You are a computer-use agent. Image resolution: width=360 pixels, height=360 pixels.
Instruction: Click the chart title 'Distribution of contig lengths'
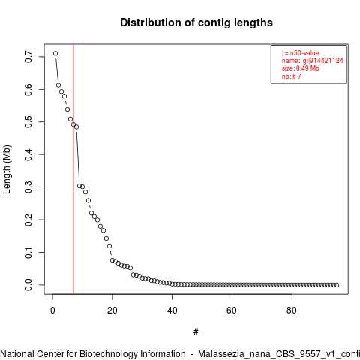click(196, 22)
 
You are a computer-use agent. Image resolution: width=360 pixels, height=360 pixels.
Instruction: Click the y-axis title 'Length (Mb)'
click(7, 169)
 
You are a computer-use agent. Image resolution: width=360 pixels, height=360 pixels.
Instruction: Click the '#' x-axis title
click(196, 332)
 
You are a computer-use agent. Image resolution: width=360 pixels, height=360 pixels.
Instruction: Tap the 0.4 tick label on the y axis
click(28, 154)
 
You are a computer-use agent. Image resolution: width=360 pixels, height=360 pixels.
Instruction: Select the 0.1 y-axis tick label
click(28, 253)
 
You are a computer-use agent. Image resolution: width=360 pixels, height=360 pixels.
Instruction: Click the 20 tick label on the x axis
click(112, 310)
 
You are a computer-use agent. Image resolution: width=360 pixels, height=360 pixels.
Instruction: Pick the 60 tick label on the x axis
click(232, 310)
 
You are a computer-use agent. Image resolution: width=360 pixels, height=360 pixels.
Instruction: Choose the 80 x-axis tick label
click(292, 310)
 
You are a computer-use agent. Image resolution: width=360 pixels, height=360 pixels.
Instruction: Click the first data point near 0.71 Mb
click(55, 53)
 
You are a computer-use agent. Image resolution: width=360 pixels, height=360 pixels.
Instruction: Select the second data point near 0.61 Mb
click(58, 85)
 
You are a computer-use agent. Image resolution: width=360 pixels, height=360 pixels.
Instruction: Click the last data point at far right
click(337, 285)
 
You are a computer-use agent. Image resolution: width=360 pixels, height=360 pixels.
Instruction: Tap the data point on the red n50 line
click(73, 124)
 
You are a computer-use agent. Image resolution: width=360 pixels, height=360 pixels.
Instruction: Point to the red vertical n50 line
click(73, 169)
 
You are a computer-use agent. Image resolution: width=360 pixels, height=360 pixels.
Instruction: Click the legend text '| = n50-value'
click(300, 53)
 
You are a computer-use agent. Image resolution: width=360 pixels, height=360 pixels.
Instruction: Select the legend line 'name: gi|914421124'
click(313, 61)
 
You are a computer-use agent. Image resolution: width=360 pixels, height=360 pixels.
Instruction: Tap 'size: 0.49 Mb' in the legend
click(301, 68)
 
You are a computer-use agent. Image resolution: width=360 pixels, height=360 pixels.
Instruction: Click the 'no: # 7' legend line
click(292, 76)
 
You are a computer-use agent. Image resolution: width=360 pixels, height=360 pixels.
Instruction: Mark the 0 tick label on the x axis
click(52, 310)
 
